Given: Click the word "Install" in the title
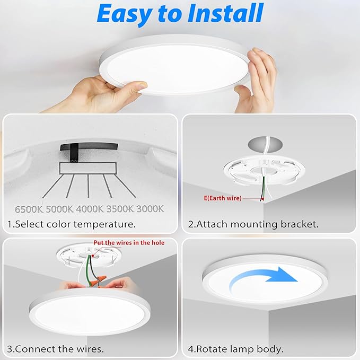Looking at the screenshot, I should click(x=221, y=14).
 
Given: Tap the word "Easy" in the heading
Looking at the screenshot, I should click(x=127, y=14).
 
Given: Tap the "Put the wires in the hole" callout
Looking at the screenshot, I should click(x=129, y=243).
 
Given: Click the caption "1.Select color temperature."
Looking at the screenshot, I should click(x=72, y=224).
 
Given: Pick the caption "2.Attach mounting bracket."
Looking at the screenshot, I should click(x=253, y=224).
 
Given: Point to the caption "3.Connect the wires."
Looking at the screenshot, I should click(x=56, y=349).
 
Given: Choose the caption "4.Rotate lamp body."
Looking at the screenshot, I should click(x=236, y=349).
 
